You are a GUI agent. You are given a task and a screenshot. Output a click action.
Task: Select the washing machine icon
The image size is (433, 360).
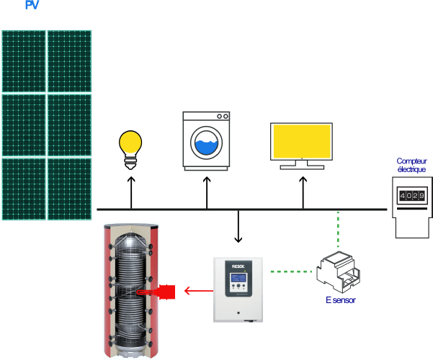coord(207,140)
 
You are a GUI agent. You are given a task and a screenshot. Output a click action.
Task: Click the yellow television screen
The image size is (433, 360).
coord(301,141)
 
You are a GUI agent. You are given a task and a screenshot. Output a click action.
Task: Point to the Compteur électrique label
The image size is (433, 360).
coord(411,165)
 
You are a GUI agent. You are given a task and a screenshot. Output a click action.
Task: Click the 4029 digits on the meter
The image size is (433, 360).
coord(411,195)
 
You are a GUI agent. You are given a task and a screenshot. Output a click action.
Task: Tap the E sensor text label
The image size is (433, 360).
coord(339,300)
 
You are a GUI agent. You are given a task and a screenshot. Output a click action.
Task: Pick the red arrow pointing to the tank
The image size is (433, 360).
coord(192,291)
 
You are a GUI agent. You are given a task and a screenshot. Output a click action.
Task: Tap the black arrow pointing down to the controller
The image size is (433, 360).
coord(238,228)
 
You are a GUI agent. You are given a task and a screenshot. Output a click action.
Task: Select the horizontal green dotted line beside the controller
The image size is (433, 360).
coord(292,271)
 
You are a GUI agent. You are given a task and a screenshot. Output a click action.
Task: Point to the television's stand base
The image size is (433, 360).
coord(301,166)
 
